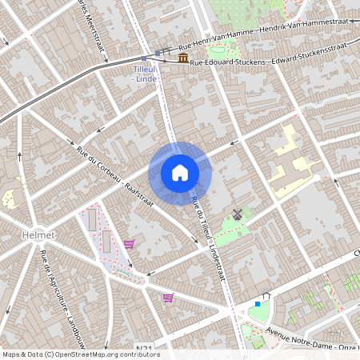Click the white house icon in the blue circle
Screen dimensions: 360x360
pyautogui.click(x=180, y=173)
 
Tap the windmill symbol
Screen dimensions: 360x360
pyautogui.click(x=236, y=214)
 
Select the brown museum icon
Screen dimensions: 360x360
pyautogui.click(x=184, y=59)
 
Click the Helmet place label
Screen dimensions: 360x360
pyautogui.click(x=38, y=235)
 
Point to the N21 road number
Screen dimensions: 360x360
pyautogui.click(x=144, y=349)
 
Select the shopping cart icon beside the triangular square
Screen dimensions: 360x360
pyautogui.click(x=129, y=243)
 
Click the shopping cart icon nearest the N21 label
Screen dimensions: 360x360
pyautogui.click(x=168, y=298)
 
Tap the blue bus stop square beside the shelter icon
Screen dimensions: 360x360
pyautogui.click(x=257, y=304)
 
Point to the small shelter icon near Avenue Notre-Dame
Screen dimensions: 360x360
pyautogui.click(x=267, y=296)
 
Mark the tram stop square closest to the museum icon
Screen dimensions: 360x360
pyautogui.click(x=158, y=53)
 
